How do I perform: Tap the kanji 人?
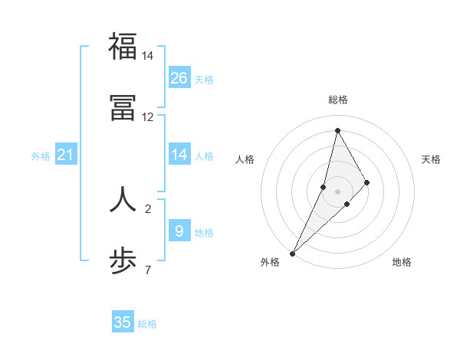pos(123,198)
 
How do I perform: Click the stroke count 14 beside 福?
pos(148,56)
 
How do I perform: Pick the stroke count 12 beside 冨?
pos(148,117)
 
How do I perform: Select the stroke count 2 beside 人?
pos(148,208)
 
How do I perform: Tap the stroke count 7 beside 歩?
pos(148,270)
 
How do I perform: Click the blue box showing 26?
pos(179,78)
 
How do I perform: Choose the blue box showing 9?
pos(179,231)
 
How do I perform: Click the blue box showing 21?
pos(66,155)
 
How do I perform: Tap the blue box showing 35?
pos(123,322)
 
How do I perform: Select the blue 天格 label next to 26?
pos(204,80)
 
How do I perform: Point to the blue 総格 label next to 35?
pos(147,324)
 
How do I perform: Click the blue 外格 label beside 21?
pos(41,156)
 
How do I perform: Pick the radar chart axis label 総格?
pos(337,100)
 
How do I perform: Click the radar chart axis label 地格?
pos(402,262)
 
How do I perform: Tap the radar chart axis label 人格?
pos(245,159)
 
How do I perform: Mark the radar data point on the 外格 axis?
pos(292,253)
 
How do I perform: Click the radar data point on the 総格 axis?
pos(337,130)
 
